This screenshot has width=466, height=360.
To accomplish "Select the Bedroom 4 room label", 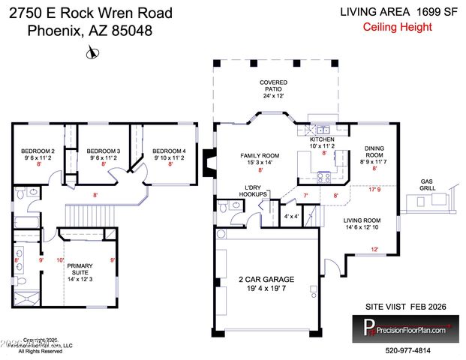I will (x=169, y=150).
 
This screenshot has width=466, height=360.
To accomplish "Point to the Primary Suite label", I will (x=80, y=269).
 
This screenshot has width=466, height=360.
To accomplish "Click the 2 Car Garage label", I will (x=267, y=280).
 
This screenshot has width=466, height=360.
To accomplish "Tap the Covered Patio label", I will (x=273, y=85).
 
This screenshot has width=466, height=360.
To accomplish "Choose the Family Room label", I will (x=260, y=156).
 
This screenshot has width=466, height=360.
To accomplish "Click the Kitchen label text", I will (x=323, y=140).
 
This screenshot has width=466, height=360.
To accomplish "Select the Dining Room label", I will (x=374, y=152).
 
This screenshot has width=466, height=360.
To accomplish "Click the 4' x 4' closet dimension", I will (x=290, y=216).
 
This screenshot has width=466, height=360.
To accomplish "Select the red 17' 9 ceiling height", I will (x=374, y=189).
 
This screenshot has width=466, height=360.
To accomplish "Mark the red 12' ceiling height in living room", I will (x=374, y=250).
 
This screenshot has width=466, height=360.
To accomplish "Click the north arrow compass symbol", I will (x=93, y=51).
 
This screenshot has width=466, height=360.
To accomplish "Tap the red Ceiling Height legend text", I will (x=397, y=28).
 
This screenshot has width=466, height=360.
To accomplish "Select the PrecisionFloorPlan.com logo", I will (x=404, y=328).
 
